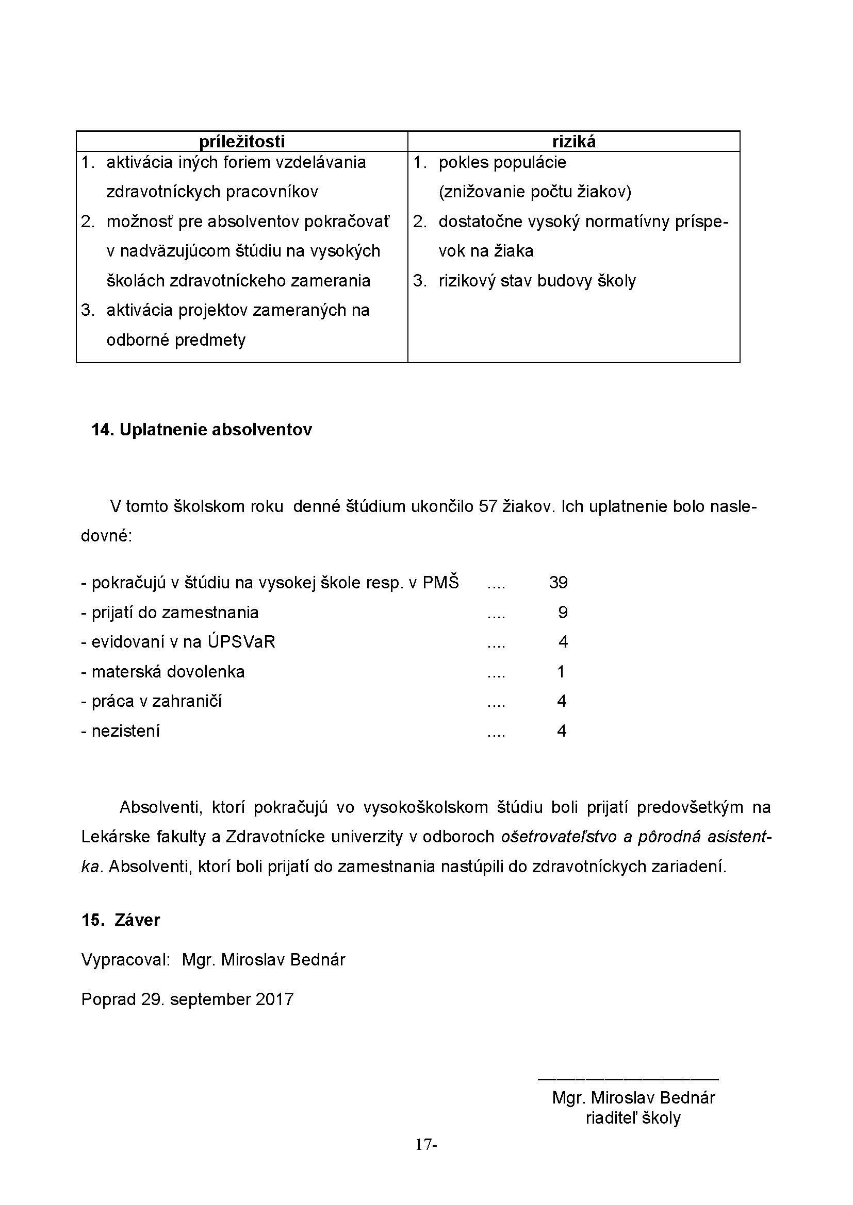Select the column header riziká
pyautogui.click(x=573, y=142)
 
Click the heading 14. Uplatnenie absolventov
pyautogui.click(x=202, y=429)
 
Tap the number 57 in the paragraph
pyautogui.click(x=488, y=506)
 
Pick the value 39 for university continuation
pyautogui.click(x=558, y=583)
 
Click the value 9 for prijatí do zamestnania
pyautogui.click(x=563, y=613)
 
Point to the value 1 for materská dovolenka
pyautogui.click(x=561, y=672)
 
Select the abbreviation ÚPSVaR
pyautogui.click(x=241, y=642)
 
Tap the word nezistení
pyautogui.click(x=125, y=731)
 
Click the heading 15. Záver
pyautogui.click(x=121, y=920)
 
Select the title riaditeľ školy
pyautogui.click(x=633, y=1118)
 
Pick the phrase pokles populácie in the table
pyautogui.click(x=502, y=163)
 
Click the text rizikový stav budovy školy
pyautogui.click(x=537, y=281)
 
